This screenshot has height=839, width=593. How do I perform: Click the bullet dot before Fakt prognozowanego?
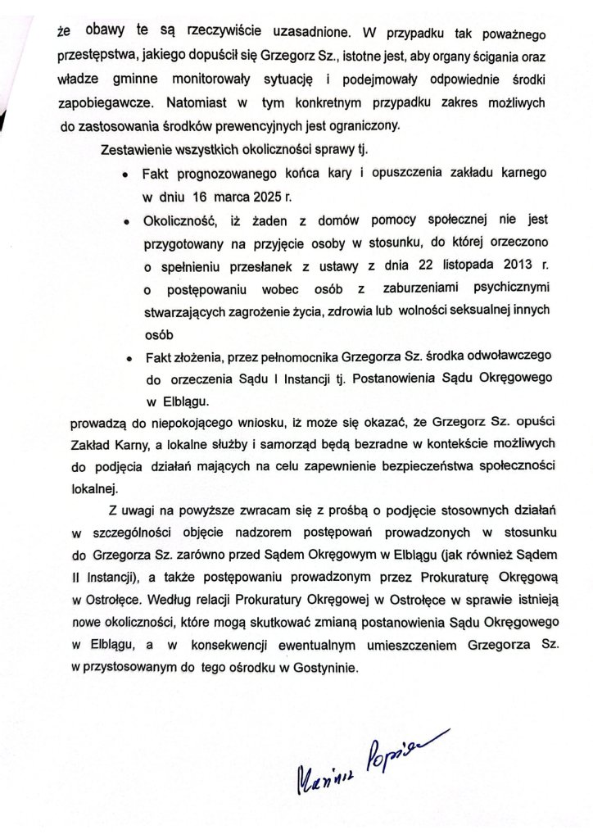[123, 176]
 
